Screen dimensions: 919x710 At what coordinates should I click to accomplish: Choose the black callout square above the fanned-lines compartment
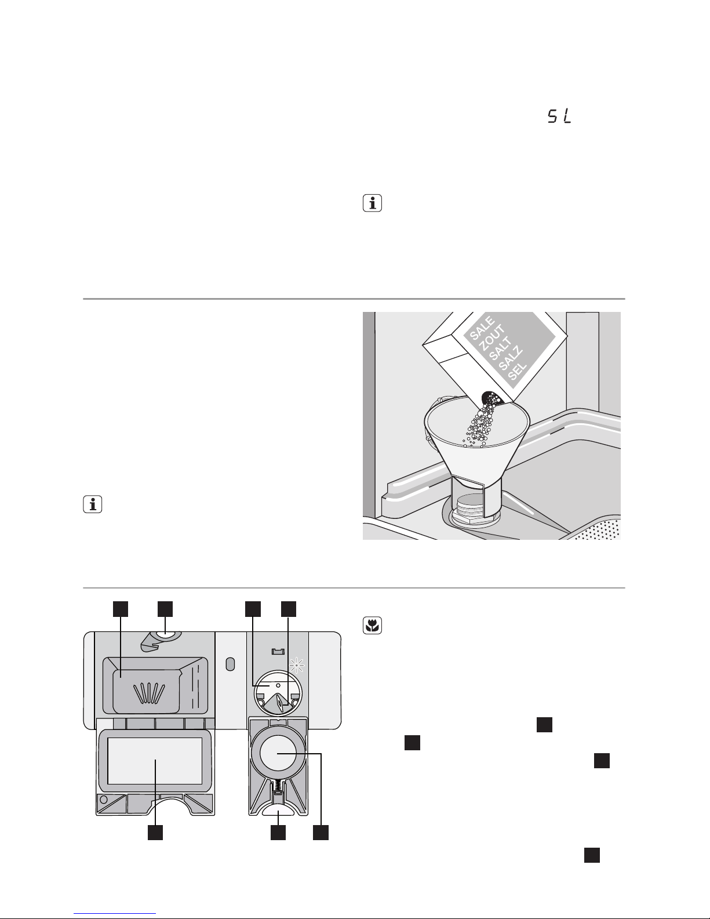pyautogui.click(x=120, y=608)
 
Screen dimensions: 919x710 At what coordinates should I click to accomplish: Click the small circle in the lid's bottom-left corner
pyautogui.click(x=104, y=800)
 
